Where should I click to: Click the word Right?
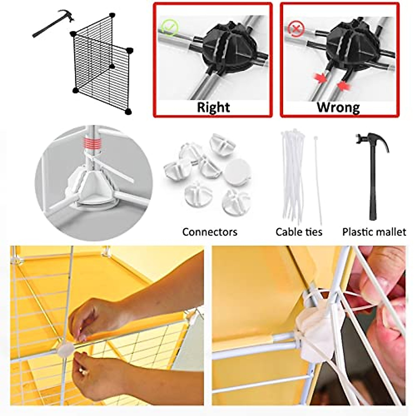coord(213,107)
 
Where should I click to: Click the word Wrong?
coord(338,107)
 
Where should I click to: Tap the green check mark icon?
coord(170,28)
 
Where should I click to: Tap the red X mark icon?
coord(296,29)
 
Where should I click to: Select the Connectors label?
coord(210,232)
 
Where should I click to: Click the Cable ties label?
coord(299,232)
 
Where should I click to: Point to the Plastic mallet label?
coord(374,232)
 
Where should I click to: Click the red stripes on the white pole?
coord(93,142)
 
